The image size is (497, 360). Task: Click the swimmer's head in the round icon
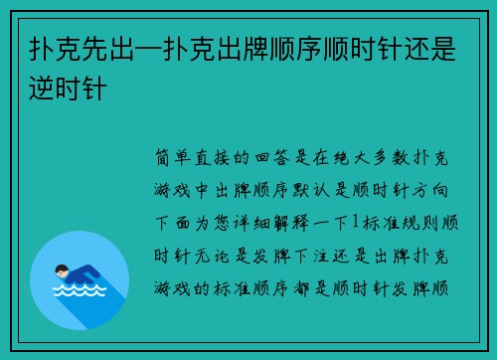(x=61, y=269)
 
